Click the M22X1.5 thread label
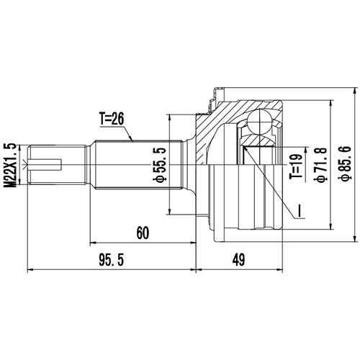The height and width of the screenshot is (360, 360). click(9, 166)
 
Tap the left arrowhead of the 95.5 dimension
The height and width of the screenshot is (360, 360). click(28, 271)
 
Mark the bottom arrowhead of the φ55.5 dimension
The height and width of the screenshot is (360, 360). click(168, 213)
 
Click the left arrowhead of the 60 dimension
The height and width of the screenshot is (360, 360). click(91, 242)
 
